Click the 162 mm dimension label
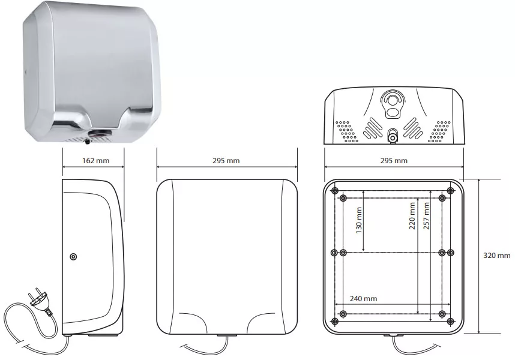pos(95,160)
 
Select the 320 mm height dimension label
pos(496,256)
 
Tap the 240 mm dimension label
pos(363,299)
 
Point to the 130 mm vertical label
pos(359,220)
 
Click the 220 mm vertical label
pos(412,215)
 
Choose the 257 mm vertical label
pos(426,215)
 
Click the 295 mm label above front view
pos(226,160)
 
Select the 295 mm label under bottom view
pos(394,160)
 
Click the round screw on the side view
pos(74,257)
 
